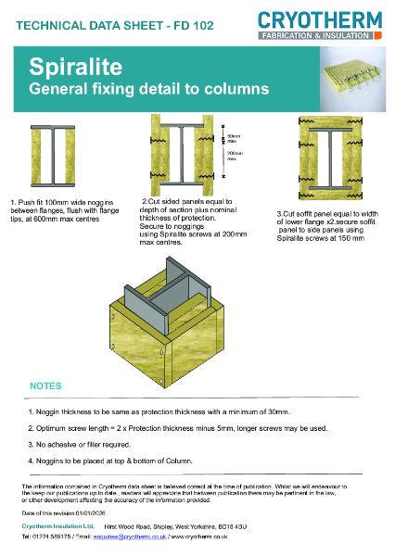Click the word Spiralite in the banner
[67, 69]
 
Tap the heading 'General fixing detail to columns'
[149, 90]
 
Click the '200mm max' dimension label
[234, 155]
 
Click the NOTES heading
[46, 385]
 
